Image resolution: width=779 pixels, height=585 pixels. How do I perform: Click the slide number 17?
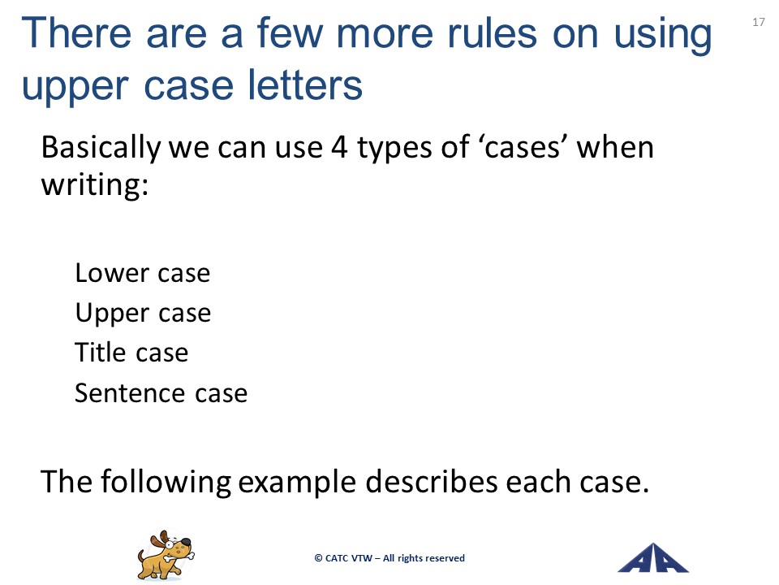click(759, 22)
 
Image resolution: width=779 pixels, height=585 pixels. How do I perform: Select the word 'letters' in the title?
click(305, 85)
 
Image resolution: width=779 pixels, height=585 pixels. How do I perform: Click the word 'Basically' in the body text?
click(101, 148)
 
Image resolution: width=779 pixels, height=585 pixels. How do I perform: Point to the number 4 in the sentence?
click(339, 147)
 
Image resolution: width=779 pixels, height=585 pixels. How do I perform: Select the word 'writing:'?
click(94, 185)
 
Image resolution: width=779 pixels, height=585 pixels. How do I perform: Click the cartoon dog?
click(166, 555)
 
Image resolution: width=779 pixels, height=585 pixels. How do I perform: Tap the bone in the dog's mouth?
click(178, 555)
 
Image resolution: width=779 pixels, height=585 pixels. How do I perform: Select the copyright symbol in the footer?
click(318, 558)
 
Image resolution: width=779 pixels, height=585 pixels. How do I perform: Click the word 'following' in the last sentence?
click(166, 482)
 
